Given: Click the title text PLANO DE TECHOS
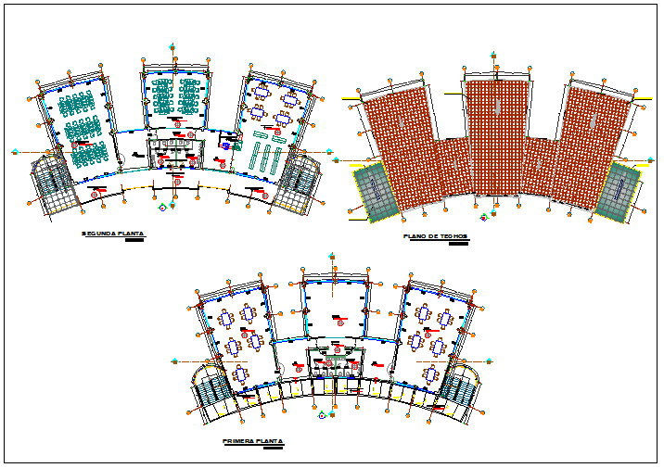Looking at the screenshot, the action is [436, 237].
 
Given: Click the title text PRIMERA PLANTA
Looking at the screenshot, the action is [252, 442].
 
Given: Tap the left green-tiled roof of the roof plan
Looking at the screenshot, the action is [375, 193].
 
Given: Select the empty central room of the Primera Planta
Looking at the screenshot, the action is [334, 306].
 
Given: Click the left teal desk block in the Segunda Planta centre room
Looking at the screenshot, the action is [163, 96].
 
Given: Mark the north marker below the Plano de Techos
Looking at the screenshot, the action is [484, 219].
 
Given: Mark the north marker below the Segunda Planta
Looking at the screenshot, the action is [163, 208].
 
